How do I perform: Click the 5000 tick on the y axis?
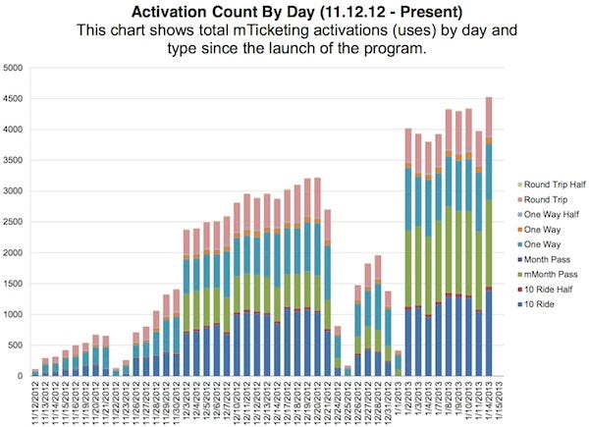(13, 68)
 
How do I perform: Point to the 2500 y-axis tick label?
(13, 222)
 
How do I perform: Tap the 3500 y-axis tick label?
(13, 160)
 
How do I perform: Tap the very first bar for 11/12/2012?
(35, 373)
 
